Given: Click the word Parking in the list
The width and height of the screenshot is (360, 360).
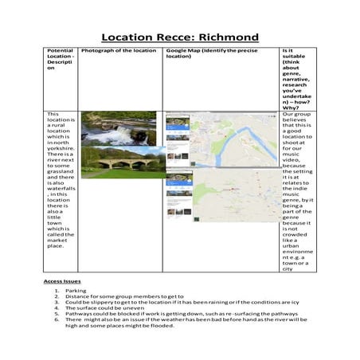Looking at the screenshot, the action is [76, 292].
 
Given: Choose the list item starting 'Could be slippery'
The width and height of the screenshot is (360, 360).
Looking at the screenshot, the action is [159, 303].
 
